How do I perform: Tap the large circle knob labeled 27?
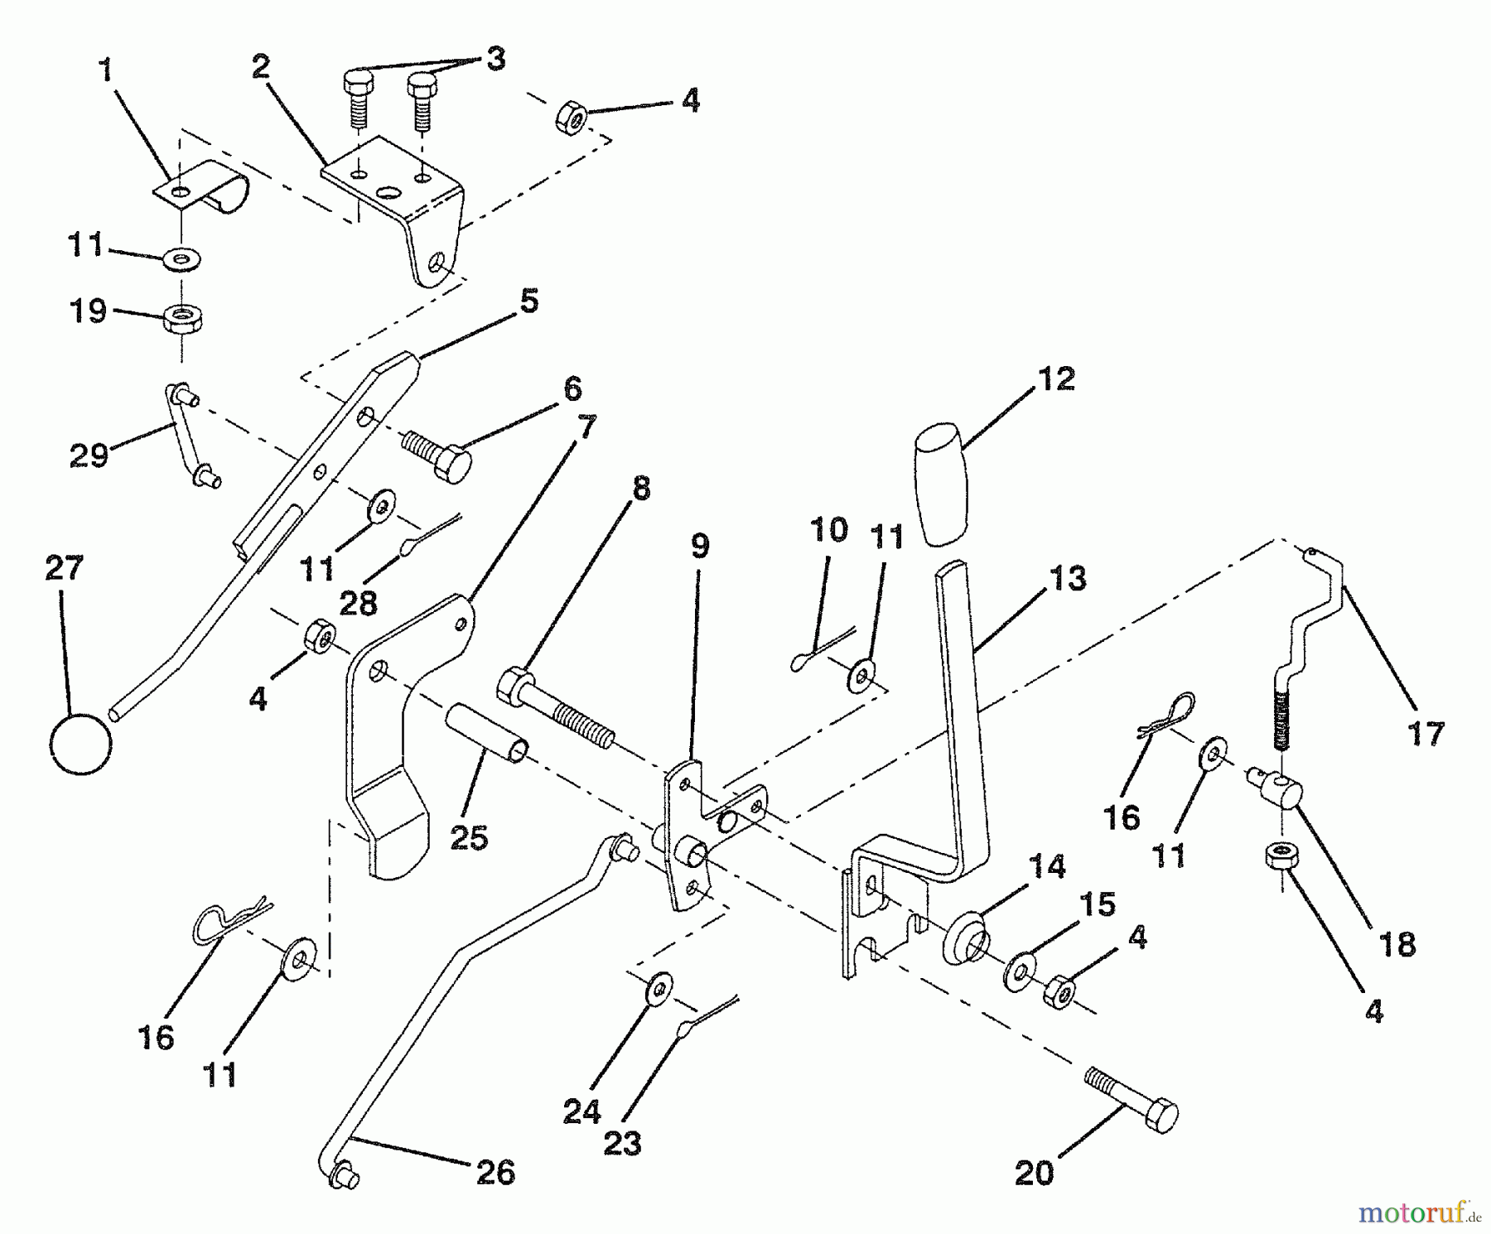pyautogui.click(x=80, y=742)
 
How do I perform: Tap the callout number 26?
pyautogui.click(x=496, y=1173)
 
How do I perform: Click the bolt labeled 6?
pyautogui.click(x=437, y=454)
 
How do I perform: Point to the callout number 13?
pyautogui.click(x=1067, y=579)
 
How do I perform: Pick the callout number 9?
pyautogui.click(x=700, y=547)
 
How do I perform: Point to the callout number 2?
pyautogui.click(x=261, y=68)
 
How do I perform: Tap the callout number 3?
pyautogui.click(x=495, y=60)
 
